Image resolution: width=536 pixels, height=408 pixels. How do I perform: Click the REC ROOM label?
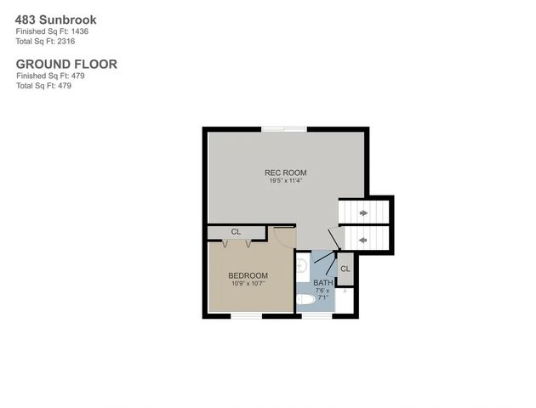coord(285,173)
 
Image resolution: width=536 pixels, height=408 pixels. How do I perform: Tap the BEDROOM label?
coord(248,275)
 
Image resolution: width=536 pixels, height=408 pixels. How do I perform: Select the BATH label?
coord(323,283)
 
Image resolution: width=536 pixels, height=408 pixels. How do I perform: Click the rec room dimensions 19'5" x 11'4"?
coord(286,181)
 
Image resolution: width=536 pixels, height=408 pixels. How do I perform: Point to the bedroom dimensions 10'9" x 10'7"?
coord(248,284)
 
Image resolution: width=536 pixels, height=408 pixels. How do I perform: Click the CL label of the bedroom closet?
coord(236,231)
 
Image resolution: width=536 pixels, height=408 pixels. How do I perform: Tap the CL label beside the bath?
coord(345,269)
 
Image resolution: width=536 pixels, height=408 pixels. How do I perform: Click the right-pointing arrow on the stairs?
coord(364,212)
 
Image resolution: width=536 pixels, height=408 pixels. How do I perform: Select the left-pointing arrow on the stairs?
coord(363,241)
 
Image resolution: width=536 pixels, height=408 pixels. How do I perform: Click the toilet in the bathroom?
coord(305,299)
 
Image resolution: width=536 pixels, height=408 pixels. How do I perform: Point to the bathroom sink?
coord(302,267)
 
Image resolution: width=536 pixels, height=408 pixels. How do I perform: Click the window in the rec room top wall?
coord(284,129)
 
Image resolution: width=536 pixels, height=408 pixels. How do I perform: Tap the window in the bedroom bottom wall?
coord(246,316)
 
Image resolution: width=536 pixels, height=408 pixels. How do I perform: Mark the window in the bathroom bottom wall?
coord(316,316)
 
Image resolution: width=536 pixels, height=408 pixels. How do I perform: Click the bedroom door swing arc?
coord(288,239)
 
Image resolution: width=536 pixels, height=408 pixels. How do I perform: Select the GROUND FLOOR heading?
coord(66,64)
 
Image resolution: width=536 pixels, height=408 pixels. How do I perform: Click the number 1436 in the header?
coord(77,31)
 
